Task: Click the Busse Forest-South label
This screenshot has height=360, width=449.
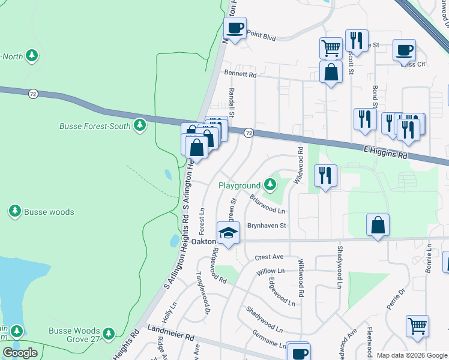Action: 96,126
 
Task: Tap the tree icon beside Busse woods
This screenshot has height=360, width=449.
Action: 15,211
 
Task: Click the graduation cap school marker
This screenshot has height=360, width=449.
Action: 228,233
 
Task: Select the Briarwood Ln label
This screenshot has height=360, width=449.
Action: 267,204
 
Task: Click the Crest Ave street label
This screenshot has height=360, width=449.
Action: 268,257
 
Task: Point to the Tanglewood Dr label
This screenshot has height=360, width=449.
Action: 202,292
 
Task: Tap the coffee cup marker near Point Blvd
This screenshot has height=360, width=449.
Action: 235,28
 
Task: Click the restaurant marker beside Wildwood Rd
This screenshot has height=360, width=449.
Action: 325,175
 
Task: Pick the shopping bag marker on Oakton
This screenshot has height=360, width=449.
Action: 378,226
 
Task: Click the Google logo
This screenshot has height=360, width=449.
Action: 20,353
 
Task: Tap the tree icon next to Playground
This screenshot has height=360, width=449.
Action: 270,185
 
